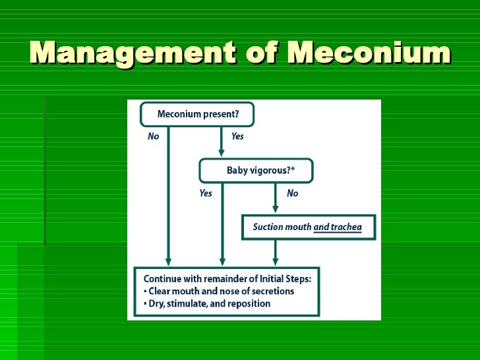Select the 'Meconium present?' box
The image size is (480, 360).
click(197, 114)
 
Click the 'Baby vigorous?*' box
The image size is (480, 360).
click(256, 170)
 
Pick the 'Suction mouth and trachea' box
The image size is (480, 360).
click(309, 227)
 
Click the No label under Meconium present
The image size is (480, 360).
click(153, 136)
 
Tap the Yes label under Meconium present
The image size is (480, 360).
click(237, 136)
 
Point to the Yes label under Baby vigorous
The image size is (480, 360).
click(206, 193)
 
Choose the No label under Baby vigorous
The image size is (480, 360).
click(292, 193)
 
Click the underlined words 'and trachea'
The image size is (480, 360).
click(338, 227)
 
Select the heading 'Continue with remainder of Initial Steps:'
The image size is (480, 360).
click(227, 278)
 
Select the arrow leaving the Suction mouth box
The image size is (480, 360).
click(276, 252)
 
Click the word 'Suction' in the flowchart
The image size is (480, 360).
click(268, 227)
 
